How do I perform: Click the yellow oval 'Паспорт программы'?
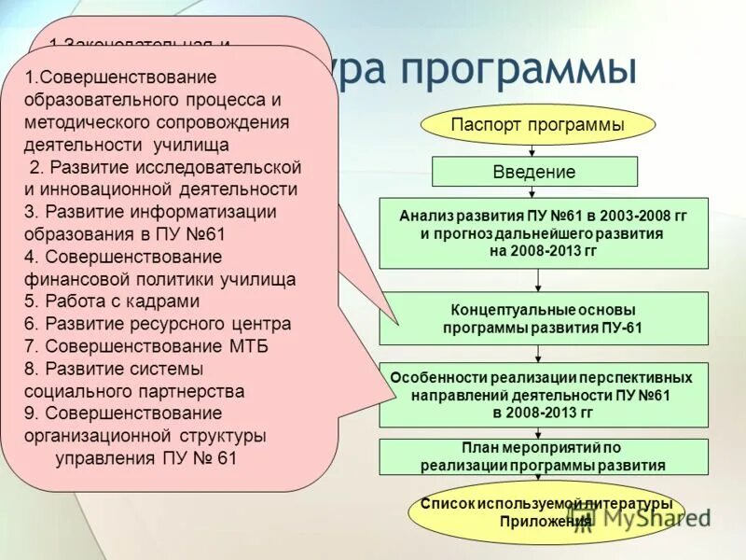538,124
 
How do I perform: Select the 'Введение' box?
534,172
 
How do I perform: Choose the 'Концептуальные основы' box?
543,318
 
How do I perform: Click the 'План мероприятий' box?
543,456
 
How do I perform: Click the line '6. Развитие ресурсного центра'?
158,324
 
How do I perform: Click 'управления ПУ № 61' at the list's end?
147,458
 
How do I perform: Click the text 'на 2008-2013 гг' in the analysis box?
542,251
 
